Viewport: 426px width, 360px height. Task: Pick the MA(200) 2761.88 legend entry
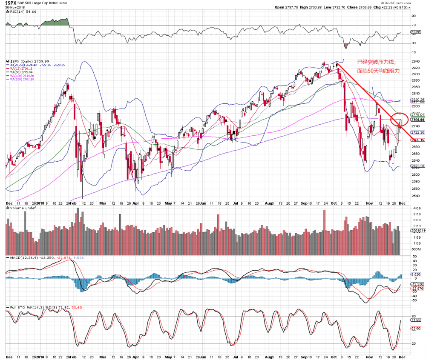(x=23, y=80)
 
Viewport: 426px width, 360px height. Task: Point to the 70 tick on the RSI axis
(x=413, y=26)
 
